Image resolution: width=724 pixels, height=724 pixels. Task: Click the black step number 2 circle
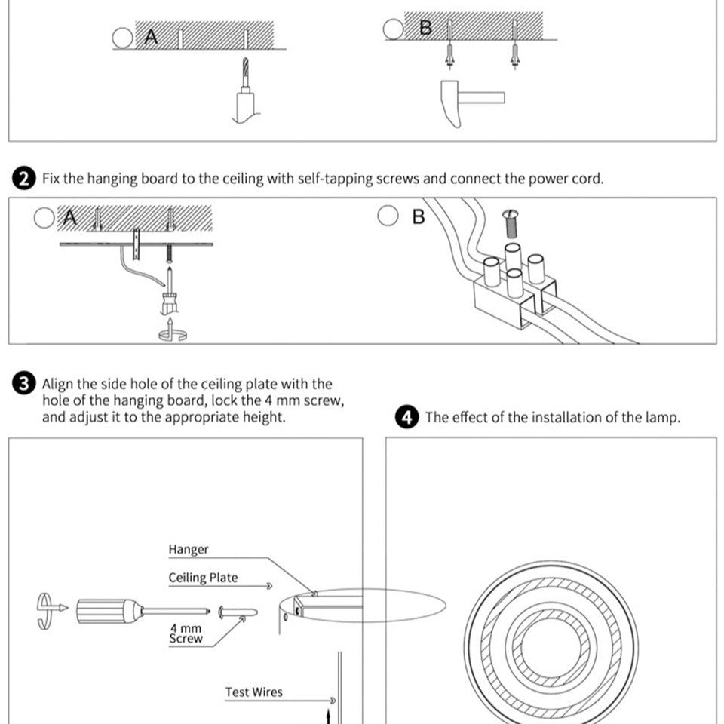25,179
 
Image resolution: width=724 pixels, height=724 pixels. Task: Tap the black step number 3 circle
25,384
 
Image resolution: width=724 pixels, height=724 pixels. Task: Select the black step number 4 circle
408,417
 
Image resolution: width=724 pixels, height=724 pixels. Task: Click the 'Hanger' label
188,549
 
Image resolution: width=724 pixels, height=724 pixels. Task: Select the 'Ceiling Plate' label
202,578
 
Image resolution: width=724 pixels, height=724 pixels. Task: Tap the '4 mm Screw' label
186,633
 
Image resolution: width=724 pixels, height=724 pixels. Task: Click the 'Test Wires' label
253,692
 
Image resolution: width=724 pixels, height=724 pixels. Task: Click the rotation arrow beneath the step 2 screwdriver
171,332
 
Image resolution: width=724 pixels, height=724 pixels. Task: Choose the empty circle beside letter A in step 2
44,218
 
